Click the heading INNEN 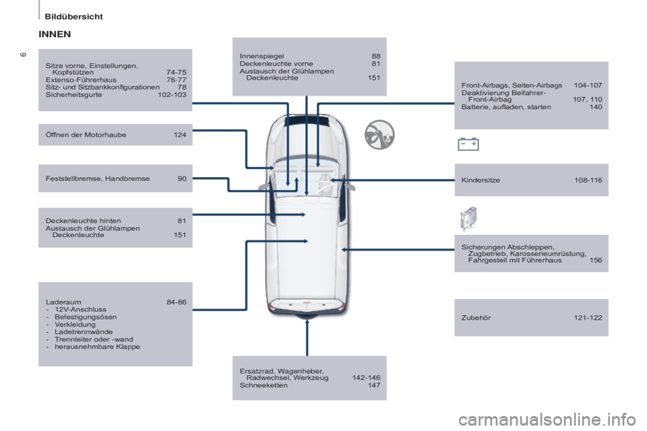click(x=55, y=34)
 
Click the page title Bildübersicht click(x=74, y=17)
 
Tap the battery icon click(x=468, y=144)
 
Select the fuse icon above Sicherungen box click(x=468, y=219)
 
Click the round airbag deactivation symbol click(x=379, y=135)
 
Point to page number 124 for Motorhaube click(x=180, y=135)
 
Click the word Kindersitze click(x=481, y=180)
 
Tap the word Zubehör click(x=476, y=318)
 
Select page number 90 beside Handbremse click(x=182, y=178)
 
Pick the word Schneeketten click(x=264, y=385)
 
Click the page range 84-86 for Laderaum click(x=177, y=302)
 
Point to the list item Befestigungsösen click(x=86, y=317)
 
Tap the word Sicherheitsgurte click(x=74, y=95)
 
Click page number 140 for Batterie click(x=596, y=107)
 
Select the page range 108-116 click(x=588, y=180)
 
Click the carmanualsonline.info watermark click(x=547, y=420)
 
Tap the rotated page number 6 click(x=24, y=55)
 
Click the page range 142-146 click(x=367, y=378)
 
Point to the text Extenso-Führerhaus click(x=82, y=80)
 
